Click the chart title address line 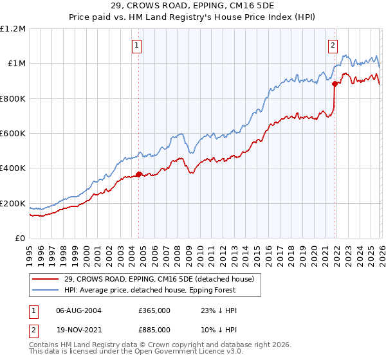(192, 7)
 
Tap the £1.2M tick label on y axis (13, 29)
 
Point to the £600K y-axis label (13, 134)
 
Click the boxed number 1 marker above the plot (138, 45)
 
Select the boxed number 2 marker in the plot (333, 45)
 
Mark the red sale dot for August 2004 (139, 174)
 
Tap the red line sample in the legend (46, 279)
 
